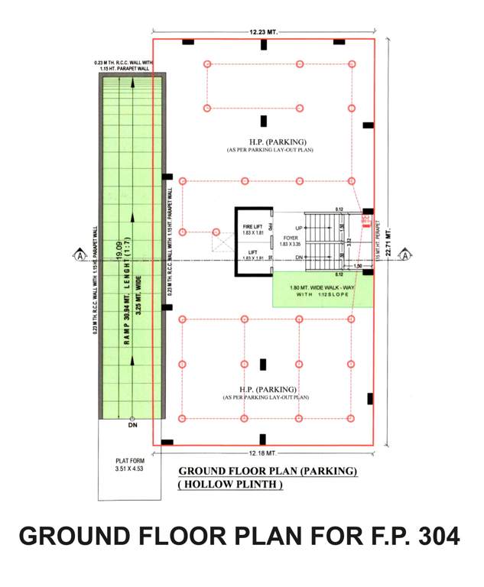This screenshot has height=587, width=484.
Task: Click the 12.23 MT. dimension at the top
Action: [x=263, y=32]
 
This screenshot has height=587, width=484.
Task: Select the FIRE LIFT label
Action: [x=253, y=227]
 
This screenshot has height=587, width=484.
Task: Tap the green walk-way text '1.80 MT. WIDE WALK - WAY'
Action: [x=323, y=288]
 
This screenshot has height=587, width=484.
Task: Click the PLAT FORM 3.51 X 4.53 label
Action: [x=129, y=464]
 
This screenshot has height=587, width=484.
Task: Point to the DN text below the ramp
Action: [x=132, y=425]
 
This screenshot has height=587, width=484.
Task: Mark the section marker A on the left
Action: [x=79, y=255]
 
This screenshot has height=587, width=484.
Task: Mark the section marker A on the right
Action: [x=405, y=255]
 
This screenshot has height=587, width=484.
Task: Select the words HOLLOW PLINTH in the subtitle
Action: [x=229, y=485]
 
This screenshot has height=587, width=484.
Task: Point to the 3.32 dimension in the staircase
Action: [x=349, y=242]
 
